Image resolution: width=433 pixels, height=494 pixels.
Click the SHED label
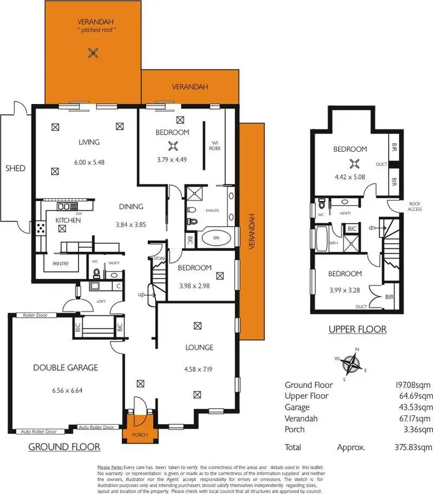click(16, 168)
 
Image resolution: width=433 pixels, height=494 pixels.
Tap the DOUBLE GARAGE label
click(65, 367)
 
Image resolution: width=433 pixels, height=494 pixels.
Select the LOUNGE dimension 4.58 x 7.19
click(198, 368)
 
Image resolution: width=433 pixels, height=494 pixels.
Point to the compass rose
click(350, 363)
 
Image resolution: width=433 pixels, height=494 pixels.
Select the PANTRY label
click(60, 264)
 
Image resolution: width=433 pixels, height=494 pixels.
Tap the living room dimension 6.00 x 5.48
click(89, 163)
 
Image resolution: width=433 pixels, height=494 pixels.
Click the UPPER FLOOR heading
click(357, 330)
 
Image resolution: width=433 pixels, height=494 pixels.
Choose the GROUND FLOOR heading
click(64, 447)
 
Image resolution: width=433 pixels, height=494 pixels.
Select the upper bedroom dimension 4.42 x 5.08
click(350, 178)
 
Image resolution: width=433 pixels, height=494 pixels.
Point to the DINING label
click(131, 207)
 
